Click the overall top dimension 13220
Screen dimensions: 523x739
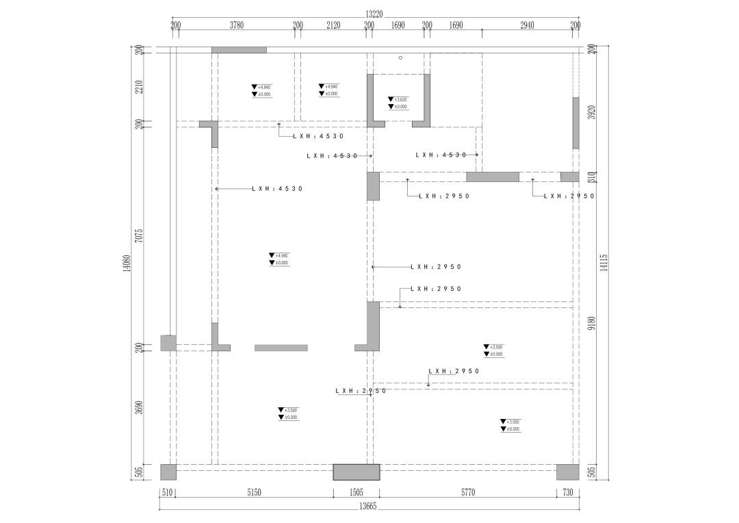click(374, 13)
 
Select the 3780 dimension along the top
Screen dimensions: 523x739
click(237, 25)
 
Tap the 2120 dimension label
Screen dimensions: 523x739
click(333, 25)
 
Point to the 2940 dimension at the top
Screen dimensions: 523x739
click(527, 25)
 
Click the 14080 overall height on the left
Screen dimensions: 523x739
click(126, 264)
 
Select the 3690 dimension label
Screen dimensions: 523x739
click(139, 407)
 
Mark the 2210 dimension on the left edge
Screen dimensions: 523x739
click(139, 87)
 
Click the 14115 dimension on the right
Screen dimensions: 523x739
click(604, 263)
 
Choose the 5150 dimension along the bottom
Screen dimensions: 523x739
click(254, 492)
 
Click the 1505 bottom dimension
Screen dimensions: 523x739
click(356, 492)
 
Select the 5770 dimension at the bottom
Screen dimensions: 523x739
click(468, 492)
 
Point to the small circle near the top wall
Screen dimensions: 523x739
click(400, 58)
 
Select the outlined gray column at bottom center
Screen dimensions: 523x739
click(356, 472)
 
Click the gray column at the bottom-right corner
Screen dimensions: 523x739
click(567, 472)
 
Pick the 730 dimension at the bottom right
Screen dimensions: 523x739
click(567, 492)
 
